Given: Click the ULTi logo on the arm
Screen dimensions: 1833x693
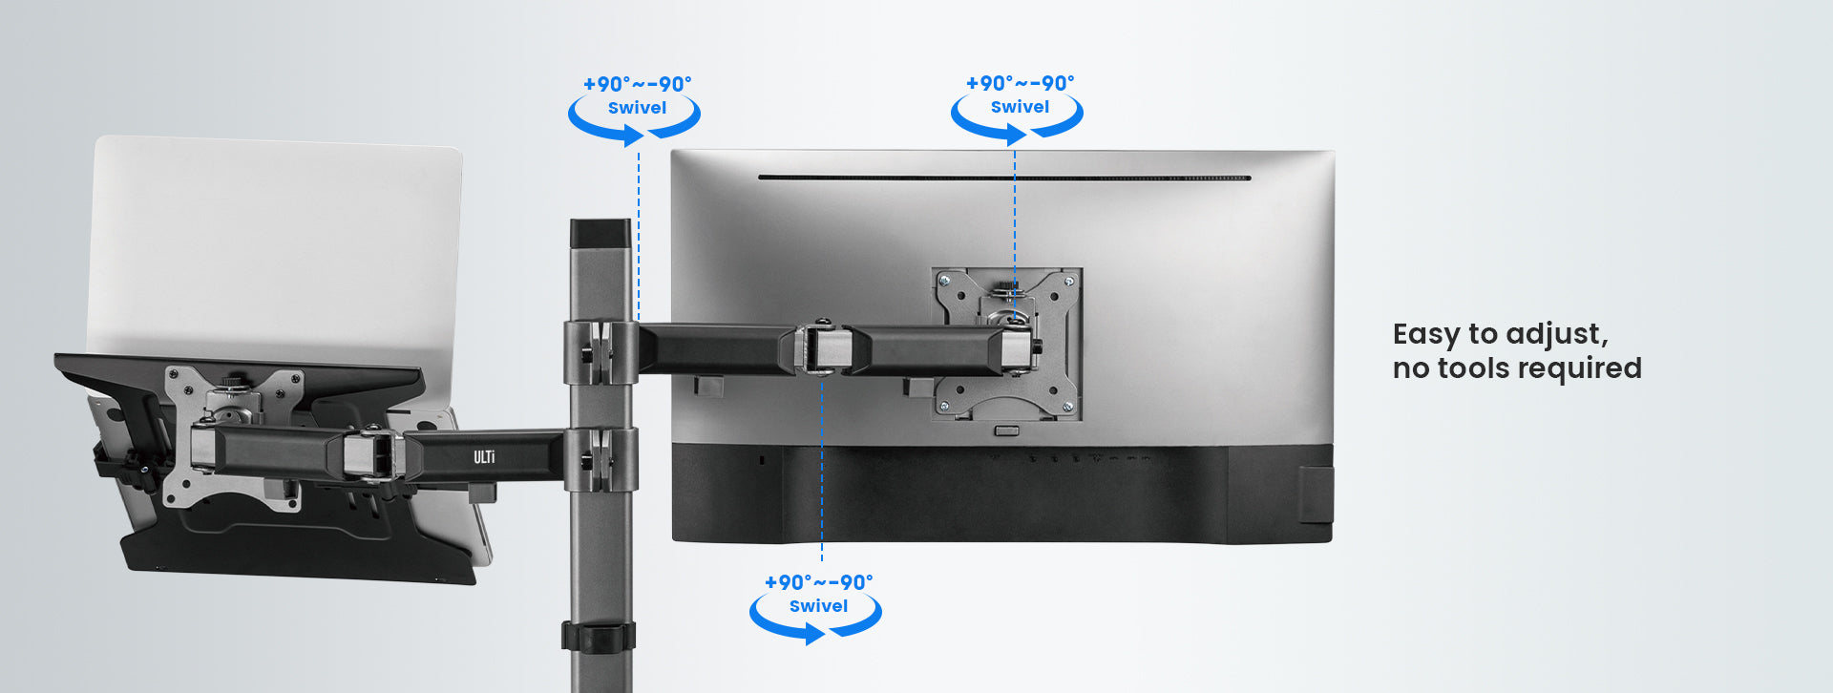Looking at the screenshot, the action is pyautogui.click(x=484, y=457).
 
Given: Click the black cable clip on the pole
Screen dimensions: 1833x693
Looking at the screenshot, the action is pyautogui.click(x=598, y=637).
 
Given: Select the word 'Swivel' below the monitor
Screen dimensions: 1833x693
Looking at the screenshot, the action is pyautogui.click(x=818, y=606).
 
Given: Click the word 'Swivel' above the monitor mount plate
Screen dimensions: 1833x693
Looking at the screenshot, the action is pyautogui.click(x=1020, y=107).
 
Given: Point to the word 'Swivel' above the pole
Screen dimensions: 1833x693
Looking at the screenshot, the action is pyautogui.click(x=637, y=108).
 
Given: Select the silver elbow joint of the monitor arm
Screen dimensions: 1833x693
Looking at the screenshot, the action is pyautogui.click(x=823, y=349).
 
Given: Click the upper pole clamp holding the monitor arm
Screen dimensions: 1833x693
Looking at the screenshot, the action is pyautogui.click(x=600, y=352).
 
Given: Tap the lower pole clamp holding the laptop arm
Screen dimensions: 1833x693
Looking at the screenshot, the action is pyautogui.click(x=600, y=459).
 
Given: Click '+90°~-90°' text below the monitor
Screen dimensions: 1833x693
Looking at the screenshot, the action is pyautogui.click(x=818, y=582).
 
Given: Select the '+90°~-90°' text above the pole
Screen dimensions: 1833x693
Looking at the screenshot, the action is pyautogui.click(x=637, y=84).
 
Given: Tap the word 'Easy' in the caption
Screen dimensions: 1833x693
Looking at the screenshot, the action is pyautogui.click(x=1426, y=335).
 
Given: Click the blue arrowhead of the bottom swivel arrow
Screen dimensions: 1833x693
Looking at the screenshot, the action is pyautogui.click(x=814, y=633).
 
